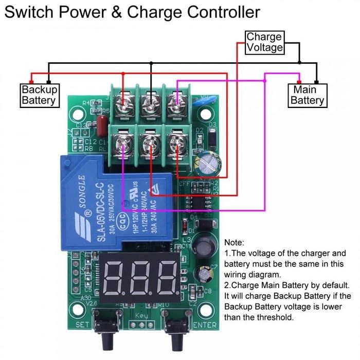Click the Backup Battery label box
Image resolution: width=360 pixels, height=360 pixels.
tap(39, 95)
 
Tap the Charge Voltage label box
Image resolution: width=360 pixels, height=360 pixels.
tap(264, 42)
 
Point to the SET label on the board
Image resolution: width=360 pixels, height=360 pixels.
tap(82, 325)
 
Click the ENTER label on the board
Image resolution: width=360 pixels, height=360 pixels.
tap(205, 325)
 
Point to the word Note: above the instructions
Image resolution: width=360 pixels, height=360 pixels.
tap(235, 242)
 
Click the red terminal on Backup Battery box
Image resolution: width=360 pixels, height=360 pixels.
tap(31, 81)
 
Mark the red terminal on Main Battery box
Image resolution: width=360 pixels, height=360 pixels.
tap(299, 81)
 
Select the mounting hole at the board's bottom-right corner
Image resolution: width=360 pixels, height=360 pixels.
tap(206, 310)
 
